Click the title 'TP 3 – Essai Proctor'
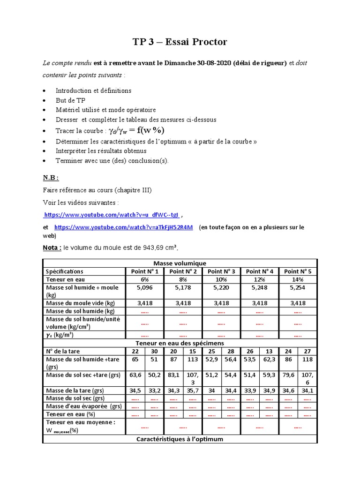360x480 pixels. [x=180, y=42]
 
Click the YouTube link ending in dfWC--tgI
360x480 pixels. [x=111, y=215]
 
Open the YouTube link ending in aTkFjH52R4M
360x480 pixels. [x=123, y=227]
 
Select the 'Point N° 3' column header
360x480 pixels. [x=221, y=271]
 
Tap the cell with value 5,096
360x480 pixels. [x=144, y=287]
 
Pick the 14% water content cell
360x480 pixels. [x=298, y=279]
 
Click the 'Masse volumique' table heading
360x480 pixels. [x=180, y=263]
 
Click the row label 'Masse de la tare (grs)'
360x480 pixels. [x=75, y=390]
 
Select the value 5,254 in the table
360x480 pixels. [x=298, y=287]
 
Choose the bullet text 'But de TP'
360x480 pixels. [x=70, y=100]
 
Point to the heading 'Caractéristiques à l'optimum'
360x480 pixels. [x=180, y=439]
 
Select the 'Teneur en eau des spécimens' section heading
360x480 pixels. [x=180, y=344]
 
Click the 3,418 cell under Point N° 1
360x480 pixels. [x=144, y=303]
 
